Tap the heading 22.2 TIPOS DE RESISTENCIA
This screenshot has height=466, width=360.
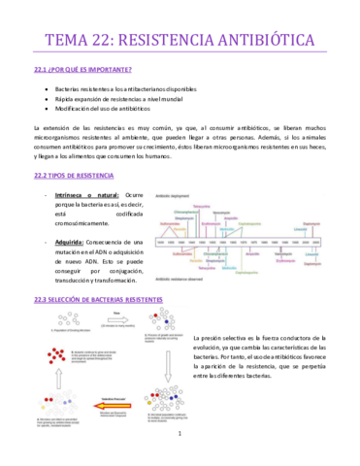[x=73, y=175]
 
